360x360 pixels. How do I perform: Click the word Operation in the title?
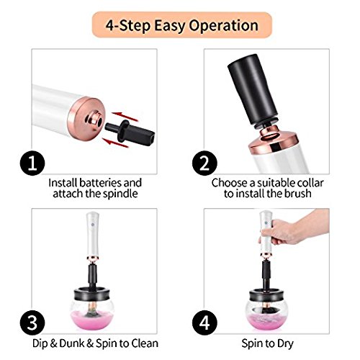(224, 26)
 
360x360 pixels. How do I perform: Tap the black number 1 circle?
(32, 163)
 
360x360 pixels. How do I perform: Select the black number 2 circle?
(204, 163)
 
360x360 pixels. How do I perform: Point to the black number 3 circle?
(32, 323)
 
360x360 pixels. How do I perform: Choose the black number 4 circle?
(204, 323)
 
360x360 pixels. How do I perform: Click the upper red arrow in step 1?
(125, 117)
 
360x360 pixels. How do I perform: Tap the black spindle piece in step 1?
(130, 132)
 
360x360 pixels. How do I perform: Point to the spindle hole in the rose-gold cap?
(99, 122)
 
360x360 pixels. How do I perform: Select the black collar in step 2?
(253, 90)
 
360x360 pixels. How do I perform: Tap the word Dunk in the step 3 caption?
(72, 343)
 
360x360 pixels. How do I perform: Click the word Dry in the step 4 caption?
(285, 343)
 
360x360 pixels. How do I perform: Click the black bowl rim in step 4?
(267, 294)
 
